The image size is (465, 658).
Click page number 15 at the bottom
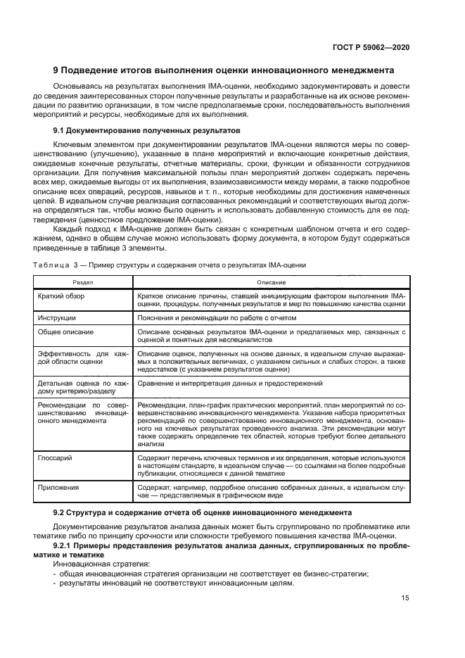(x=405, y=598)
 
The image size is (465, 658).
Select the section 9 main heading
(x=224, y=70)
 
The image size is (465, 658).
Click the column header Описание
(x=271, y=281)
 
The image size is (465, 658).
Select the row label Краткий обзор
(x=61, y=296)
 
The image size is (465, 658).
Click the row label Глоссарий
(x=56, y=457)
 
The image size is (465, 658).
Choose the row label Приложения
(x=59, y=486)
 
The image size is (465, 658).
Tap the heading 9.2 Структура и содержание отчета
(x=203, y=511)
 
